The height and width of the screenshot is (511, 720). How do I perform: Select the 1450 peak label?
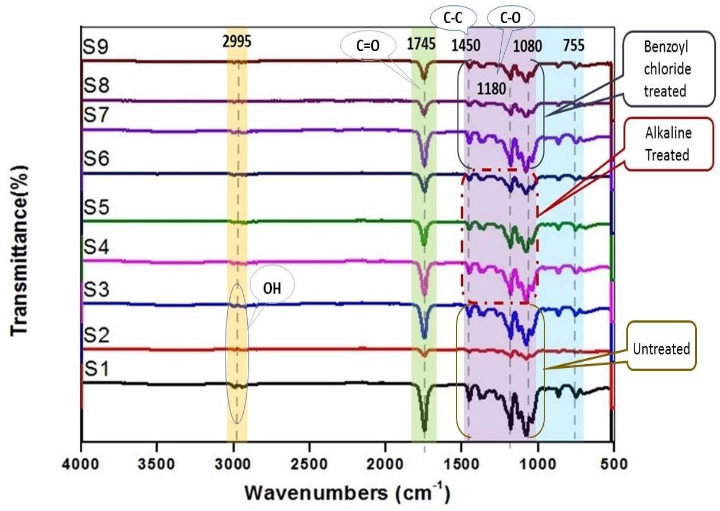pos(466,46)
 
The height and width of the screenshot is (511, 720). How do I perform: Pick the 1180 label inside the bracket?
pos(491,89)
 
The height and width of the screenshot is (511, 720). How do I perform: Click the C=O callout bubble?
pos(368,46)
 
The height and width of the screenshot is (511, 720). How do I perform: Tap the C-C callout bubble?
pos(453,18)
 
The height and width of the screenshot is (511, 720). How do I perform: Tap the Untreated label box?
pos(661,349)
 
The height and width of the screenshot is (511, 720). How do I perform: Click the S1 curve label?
pos(97,369)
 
